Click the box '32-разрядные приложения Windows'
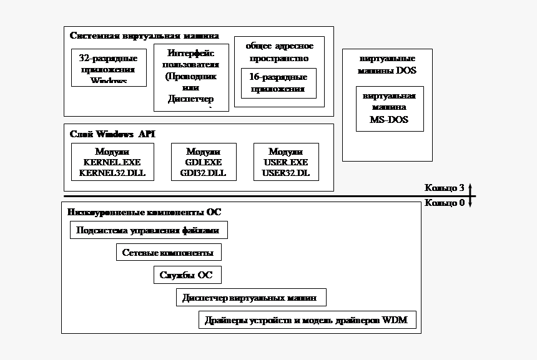tap(109, 67)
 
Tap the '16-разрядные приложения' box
tap(278, 83)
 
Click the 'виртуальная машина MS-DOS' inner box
tap(389, 109)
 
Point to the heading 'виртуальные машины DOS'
tap(387, 64)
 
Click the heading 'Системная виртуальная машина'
tap(144, 36)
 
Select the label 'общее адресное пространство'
tap(279, 52)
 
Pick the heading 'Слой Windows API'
tap(112, 134)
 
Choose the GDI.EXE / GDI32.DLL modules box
tap(204, 162)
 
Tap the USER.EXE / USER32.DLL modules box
tap(286, 162)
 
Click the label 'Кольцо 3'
tap(444, 188)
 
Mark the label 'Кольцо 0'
tap(444, 203)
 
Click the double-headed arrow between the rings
tap(471, 196)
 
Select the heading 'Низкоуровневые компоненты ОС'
tap(144, 212)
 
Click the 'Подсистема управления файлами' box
tap(148, 230)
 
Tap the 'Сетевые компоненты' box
tap(169, 253)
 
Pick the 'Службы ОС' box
tap(187, 275)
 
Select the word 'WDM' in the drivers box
tap(395, 321)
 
